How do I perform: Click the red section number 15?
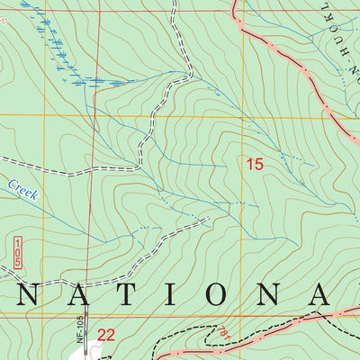point(255,164)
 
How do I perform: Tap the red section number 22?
point(106,335)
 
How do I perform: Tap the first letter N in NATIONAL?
point(26,294)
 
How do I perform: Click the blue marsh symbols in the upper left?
point(63,54)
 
